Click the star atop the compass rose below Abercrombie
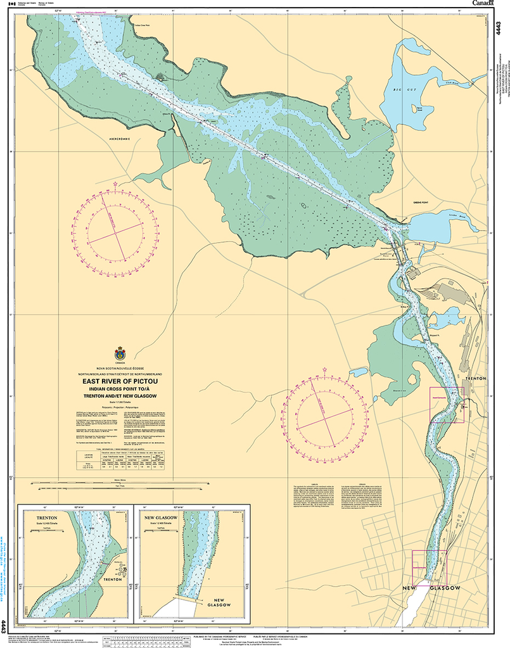[x=115, y=184]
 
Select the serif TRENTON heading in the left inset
[x=42, y=518]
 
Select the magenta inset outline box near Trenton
[x=447, y=405]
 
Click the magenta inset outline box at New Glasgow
[x=429, y=567]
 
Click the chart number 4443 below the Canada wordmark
[x=499, y=29]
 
